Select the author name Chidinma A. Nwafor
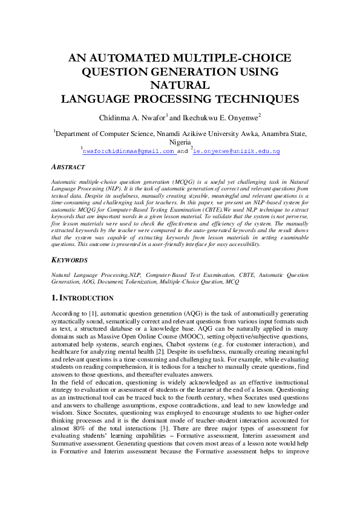136,117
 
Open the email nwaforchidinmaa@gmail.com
128,151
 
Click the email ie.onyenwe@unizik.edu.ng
237,151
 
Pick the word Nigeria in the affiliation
180,142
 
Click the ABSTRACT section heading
68,167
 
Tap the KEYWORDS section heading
70,261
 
